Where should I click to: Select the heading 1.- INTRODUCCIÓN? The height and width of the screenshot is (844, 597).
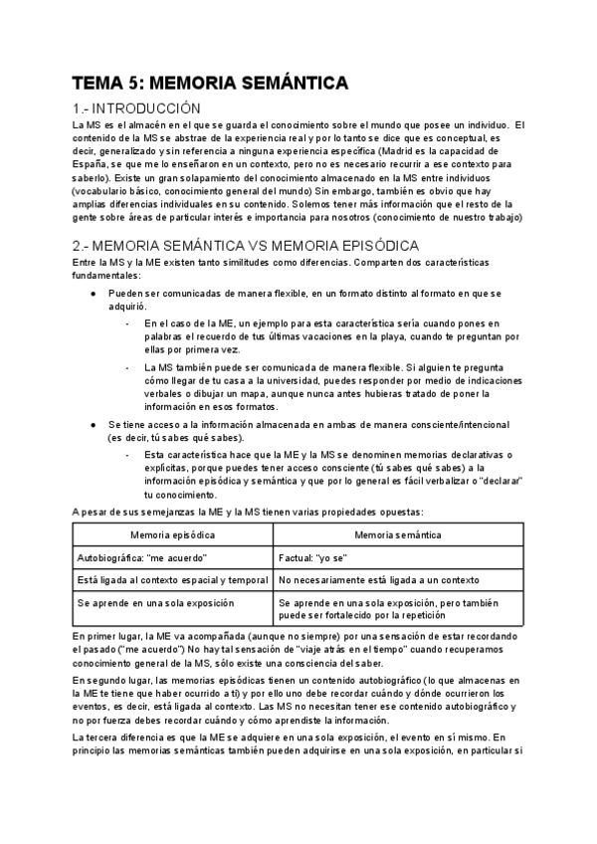tap(136, 107)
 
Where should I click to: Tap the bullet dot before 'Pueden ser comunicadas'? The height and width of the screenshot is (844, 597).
tap(93, 295)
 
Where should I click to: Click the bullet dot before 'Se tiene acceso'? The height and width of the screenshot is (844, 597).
tap(93, 424)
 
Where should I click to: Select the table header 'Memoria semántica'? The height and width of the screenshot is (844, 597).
tap(398, 534)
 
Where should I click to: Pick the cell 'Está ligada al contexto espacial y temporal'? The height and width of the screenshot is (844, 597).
tap(172, 579)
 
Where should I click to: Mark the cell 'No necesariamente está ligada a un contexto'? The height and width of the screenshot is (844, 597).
tap(379, 579)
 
